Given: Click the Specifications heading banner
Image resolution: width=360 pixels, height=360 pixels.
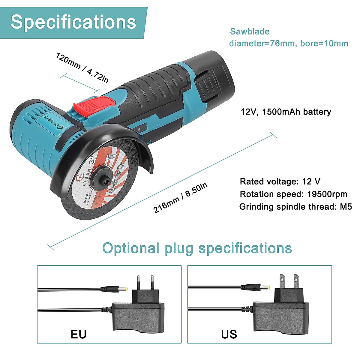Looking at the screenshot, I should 73,22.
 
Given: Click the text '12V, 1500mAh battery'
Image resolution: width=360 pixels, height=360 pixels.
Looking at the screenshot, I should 286,112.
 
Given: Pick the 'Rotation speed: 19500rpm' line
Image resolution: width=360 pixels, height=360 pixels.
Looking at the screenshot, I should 293,194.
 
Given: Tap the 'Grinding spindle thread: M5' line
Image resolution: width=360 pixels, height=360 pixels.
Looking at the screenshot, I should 295,207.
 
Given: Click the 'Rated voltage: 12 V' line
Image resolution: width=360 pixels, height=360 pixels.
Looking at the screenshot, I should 280,181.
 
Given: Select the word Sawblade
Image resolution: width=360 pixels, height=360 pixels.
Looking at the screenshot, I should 250,31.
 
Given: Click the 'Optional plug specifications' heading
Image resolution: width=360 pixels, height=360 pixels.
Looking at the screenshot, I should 197,248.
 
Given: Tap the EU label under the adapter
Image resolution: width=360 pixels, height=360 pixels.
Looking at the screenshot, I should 79,334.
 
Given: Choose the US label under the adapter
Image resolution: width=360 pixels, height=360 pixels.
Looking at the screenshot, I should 229,334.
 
